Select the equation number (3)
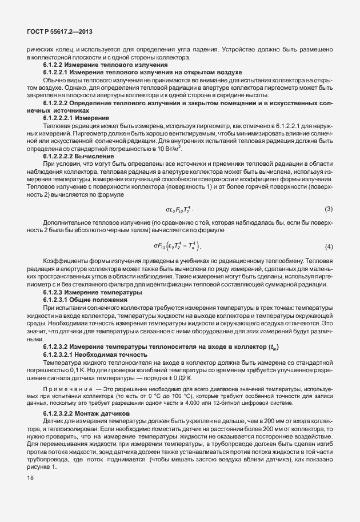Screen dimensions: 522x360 click(x=329, y=208)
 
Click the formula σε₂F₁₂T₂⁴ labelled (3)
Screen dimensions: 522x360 click(x=177, y=209)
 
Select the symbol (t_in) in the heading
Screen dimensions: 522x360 click(x=276, y=348)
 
